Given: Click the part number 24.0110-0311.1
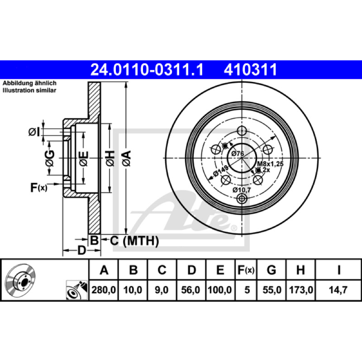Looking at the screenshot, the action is pos(147,70).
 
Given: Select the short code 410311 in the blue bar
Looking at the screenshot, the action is pos(250,70).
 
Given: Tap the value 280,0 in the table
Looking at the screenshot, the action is pos(104,290).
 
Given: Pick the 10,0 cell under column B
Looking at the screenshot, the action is pos(133,290).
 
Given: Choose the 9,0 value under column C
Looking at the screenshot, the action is pos(162,290).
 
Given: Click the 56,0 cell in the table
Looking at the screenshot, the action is pos(191,290).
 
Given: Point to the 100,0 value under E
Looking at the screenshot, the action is pos(220,290).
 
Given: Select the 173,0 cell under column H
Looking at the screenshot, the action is pos(301,290).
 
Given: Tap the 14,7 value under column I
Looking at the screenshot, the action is pos(338,290).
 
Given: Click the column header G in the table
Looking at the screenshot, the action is pos(271,270).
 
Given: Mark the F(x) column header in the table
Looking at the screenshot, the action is pos(246,270).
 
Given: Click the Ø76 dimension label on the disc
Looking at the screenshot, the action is pos(238,153).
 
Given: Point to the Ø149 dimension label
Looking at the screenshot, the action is pos(220,171).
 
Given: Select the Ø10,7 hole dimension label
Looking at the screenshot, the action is pos(242,190).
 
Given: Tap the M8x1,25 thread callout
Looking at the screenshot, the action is pos(270,164).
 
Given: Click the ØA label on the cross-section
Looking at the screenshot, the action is pos(127,158).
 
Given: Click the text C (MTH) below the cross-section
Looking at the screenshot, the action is pos(134,241).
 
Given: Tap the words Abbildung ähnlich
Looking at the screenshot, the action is pos(29,83).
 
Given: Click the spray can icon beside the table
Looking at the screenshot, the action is pos(77,290).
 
